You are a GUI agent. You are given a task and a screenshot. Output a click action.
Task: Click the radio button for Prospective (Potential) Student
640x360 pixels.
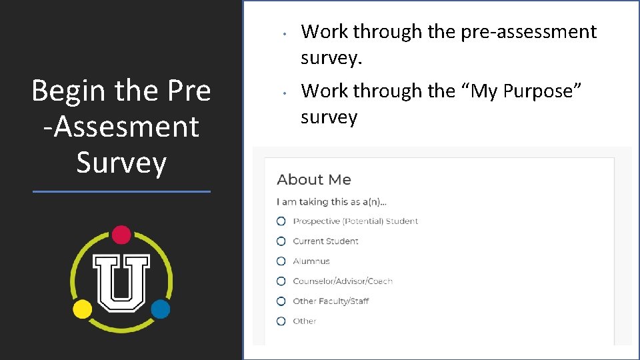(281, 221)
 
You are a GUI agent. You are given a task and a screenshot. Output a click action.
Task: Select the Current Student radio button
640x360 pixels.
(281, 241)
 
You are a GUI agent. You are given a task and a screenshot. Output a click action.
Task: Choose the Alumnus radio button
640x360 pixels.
(281, 261)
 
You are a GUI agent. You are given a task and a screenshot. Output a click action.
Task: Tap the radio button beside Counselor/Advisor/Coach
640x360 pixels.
(281, 281)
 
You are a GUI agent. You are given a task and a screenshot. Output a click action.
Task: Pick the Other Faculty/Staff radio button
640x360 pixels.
(281, 301)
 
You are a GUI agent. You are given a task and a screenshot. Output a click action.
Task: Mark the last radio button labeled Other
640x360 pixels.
(281, 321)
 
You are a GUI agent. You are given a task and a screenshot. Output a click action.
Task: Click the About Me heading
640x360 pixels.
(313, 180)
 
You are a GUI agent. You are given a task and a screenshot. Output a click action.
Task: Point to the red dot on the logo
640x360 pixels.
(121, 235)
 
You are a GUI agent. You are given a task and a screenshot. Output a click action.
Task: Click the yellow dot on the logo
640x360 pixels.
(82, 309)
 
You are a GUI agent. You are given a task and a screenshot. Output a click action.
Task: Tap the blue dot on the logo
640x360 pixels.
(160, 309)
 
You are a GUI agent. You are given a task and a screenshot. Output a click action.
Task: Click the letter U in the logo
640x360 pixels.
(121, 282)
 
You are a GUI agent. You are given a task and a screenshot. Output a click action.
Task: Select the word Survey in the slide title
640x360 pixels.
(121, 163)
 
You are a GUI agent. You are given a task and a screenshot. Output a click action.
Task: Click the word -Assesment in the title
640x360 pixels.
(121, 127)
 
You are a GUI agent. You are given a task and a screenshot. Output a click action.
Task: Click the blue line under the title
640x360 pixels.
(121, 192)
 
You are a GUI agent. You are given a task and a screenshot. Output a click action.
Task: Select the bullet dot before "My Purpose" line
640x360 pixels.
(284, 93)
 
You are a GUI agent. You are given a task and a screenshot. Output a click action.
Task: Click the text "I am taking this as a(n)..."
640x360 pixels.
(331, 202)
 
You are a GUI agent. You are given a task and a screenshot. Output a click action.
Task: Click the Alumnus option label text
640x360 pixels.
(311, 261)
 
